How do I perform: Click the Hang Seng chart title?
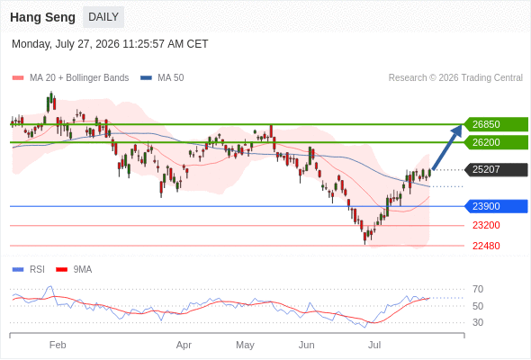pyautogui.click(x=42, y=17)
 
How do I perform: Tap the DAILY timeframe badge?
pyautogui.click(x=103, y=17)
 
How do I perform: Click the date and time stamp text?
pyautogui.click(x=110, y=44)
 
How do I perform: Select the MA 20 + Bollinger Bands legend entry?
pyautogui.click(x=70, y=78)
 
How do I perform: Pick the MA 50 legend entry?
pyautogui.click(x=162, y=78)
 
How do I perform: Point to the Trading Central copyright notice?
pyautogui.click(x=455, y=78)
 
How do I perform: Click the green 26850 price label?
pyautogui.click(x=496, y=124)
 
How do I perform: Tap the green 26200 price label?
pyautogui.click(x=496, y=142)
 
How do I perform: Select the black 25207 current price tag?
pyautogui.click(x=496, y=169)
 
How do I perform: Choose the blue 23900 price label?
pyautogui.click(x=496, y=206)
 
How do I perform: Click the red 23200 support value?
pyautogui.click(x=486, y=225)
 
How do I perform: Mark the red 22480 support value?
pyautogui.click(x=486, y=246)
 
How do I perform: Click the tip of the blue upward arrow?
pyautogui.click(x=462, y=124)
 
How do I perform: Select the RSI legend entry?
pyautogui.click(x=29, y=270)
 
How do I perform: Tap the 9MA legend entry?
pyautogui.click(x=74, y=270)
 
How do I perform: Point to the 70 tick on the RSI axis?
pyautogui.click(x=478, y=289)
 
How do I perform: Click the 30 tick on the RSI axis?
pyautogui.click(x=478, y=322)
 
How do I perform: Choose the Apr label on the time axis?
pyautogui.click(x=184, y=345)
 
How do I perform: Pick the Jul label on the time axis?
pyautogui.click(x=374, y=345)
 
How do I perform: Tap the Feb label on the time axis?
pyautogui.click(x=58, y=345)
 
